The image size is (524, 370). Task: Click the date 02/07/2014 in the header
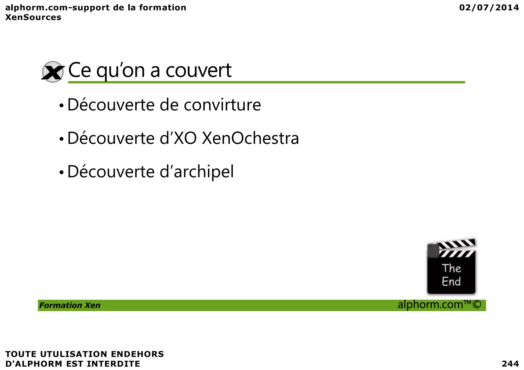(x=489, y=8)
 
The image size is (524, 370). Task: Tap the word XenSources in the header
(x=33, y=17)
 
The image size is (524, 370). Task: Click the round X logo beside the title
(x=53, y=72)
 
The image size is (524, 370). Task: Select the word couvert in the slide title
(x=199, y=70)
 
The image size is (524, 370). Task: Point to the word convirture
(x=222, y=105)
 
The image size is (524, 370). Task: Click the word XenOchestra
(x=250, y=138)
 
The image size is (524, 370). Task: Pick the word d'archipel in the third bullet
(x=196, y=172)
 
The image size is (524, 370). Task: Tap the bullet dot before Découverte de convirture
(x=61, y=105)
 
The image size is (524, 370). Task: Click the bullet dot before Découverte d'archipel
(x=61, y=172)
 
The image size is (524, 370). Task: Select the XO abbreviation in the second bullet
(x=185, y=138)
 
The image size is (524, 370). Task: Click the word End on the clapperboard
(x=451, y=282)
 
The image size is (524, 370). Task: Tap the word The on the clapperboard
(x=451, y=268)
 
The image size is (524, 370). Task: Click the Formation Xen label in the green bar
(x=70, y=305)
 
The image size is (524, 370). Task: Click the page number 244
(x=510, y=364)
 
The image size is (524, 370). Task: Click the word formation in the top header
(x=163, y=8)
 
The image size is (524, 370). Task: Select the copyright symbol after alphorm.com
(x=477, y=305)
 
